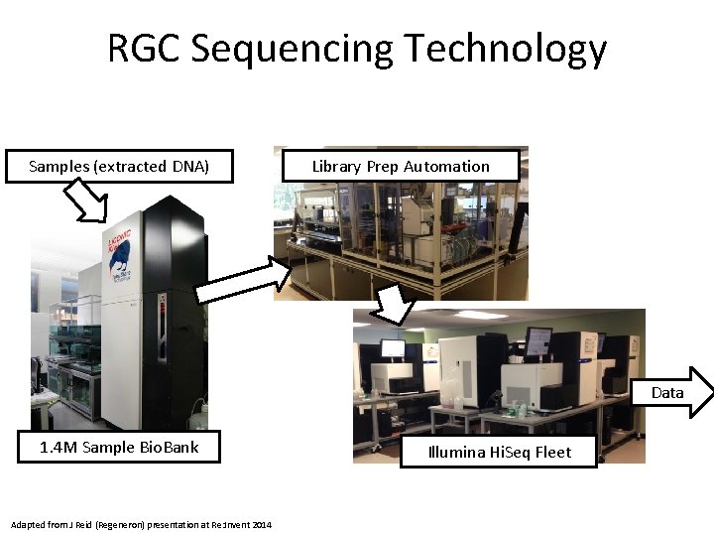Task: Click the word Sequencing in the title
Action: [290, 50]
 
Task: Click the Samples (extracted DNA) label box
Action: [119, 167]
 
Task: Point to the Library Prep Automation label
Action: [401, 166]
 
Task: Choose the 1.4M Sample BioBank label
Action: [119, 447]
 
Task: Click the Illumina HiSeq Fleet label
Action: [499, 452]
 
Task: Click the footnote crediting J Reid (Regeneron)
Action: [140, 524]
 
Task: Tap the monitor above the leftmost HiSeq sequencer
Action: [393, 348]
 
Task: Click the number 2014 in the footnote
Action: [262, 524]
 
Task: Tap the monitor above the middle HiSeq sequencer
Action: [538, 339]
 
